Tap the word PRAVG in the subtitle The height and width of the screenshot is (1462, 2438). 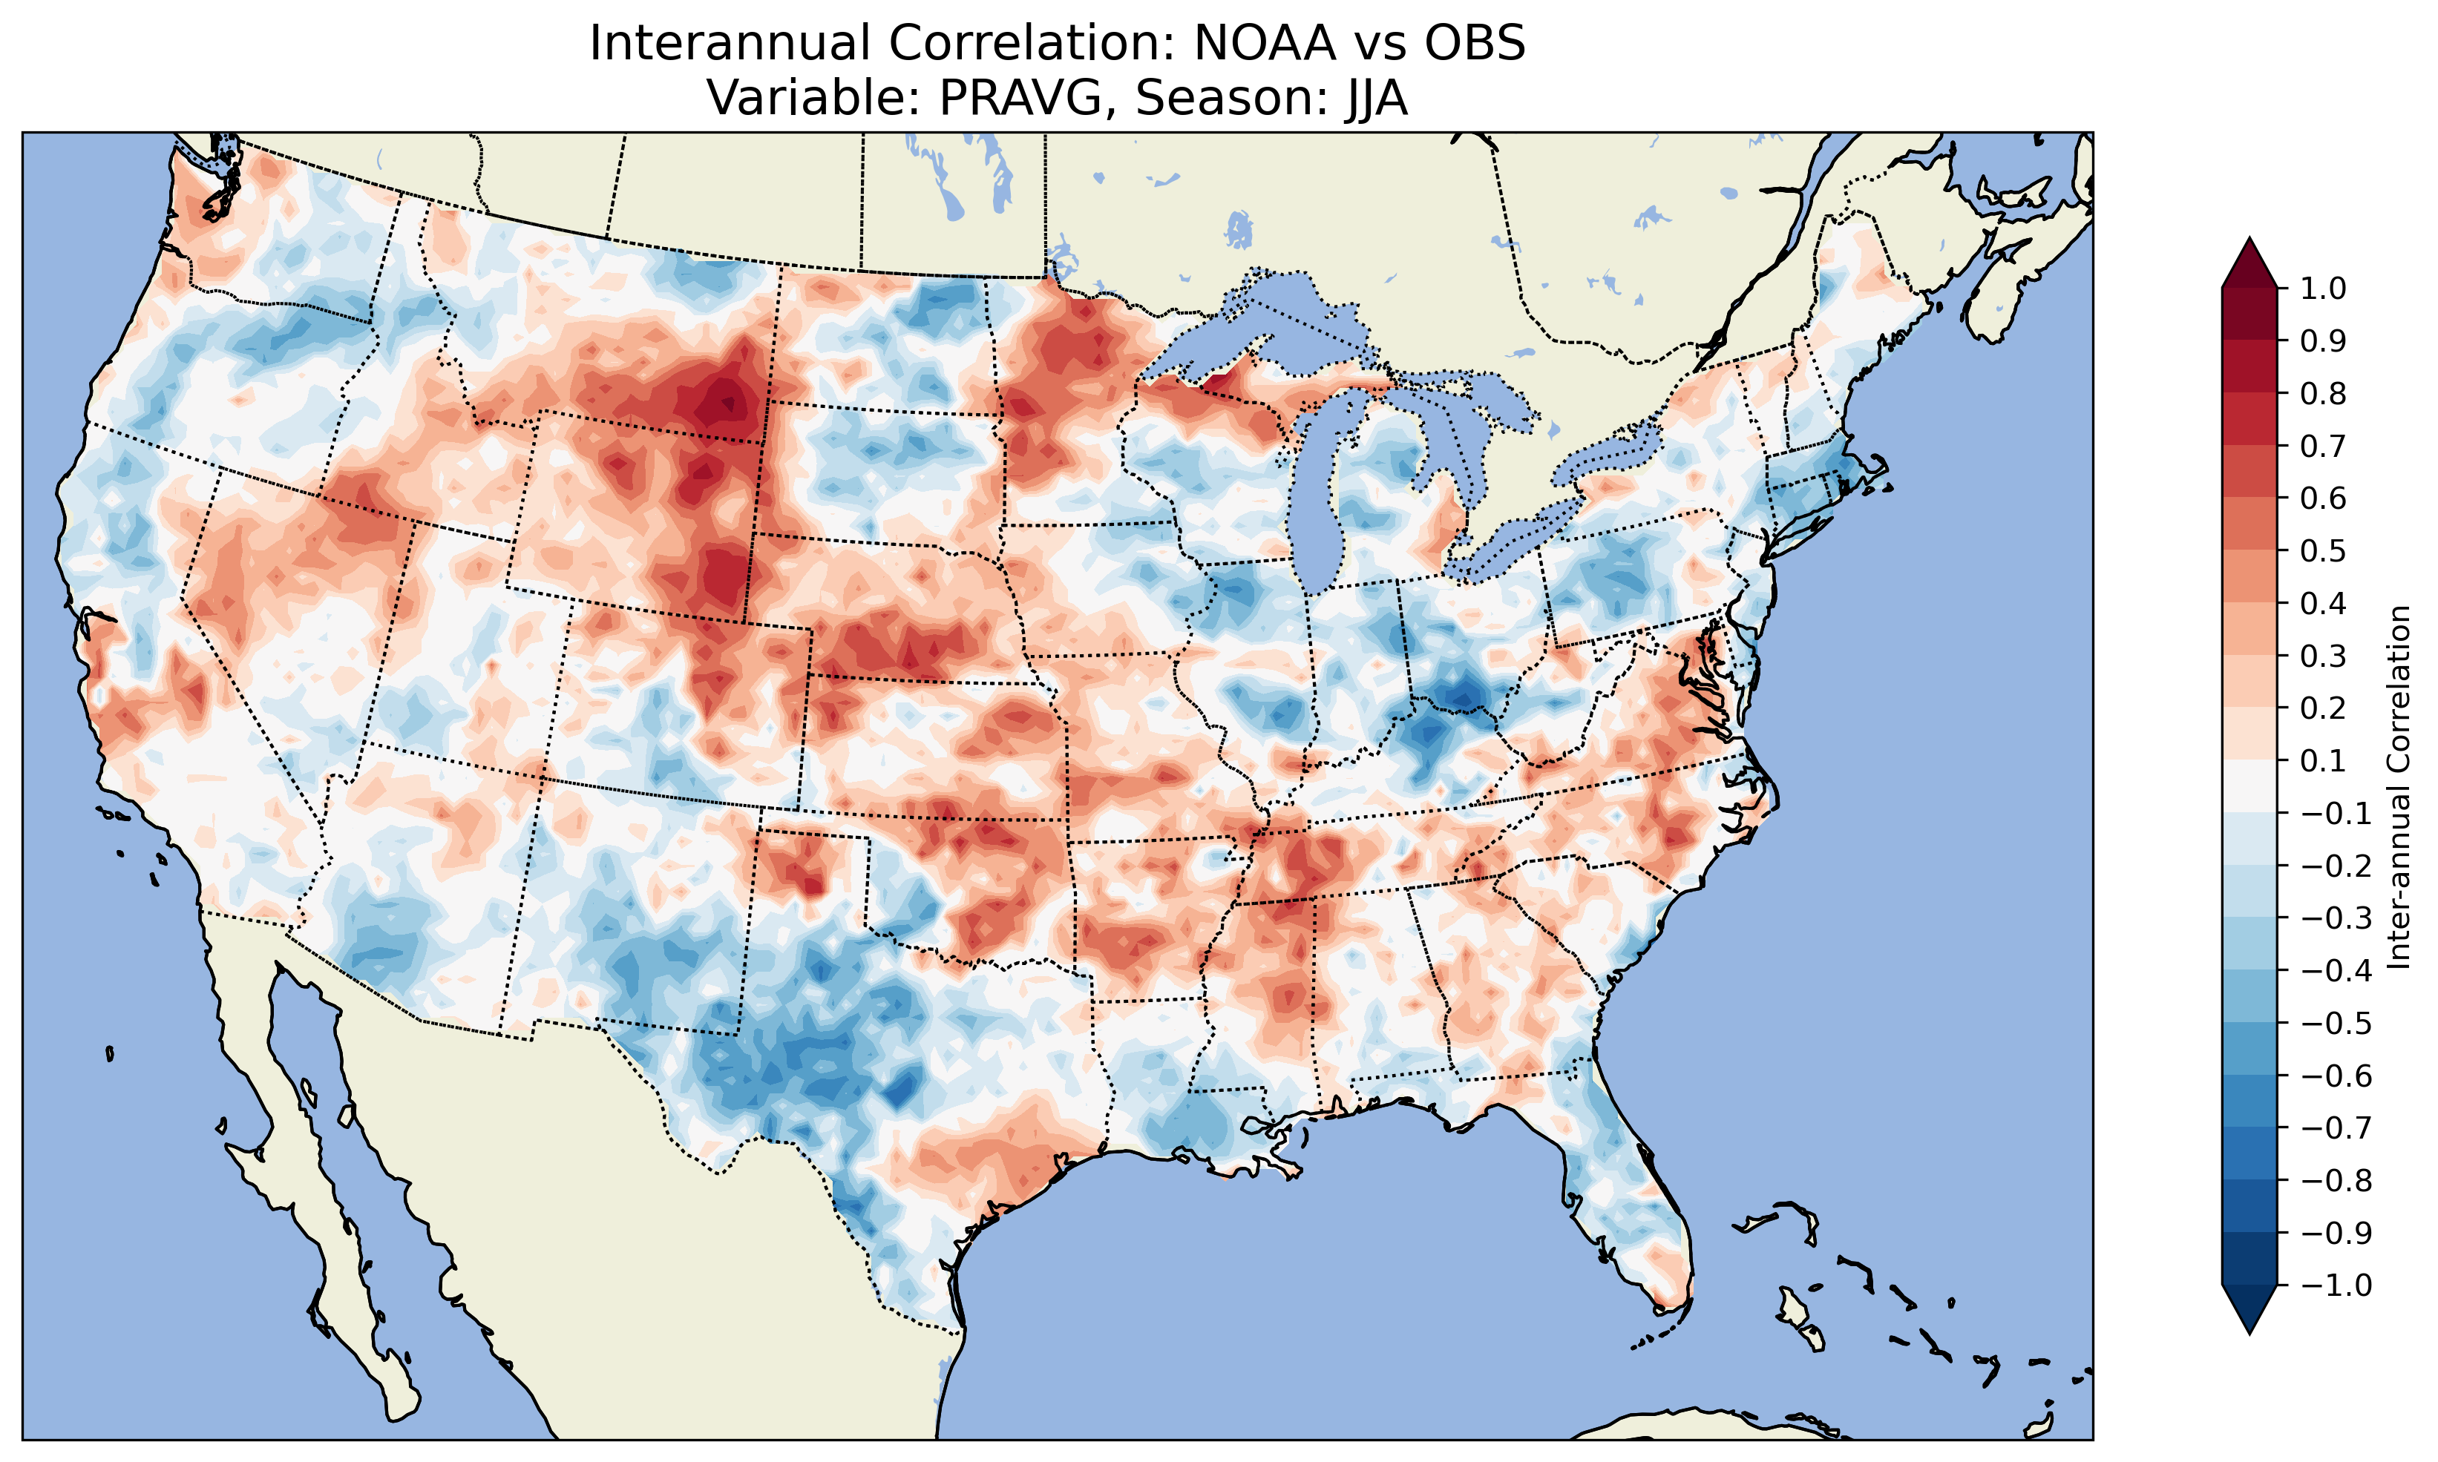(x=1027, y=97)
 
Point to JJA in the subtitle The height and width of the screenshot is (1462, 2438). (x=1371, y=97)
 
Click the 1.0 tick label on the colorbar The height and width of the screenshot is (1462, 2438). (x=2323, y=289)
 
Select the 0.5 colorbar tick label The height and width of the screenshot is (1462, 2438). (x=2323, y=550)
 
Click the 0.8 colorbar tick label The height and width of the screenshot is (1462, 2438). (x=2323, y=394)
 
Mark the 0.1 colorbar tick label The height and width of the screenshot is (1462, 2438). (x=2323, y=760)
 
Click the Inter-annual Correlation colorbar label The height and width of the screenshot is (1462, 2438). (x=2399, y=787)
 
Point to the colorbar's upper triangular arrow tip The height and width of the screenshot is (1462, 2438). (x=2249, y=240)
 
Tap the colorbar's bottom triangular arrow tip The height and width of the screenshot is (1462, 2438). (x=2249, y=1333)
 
